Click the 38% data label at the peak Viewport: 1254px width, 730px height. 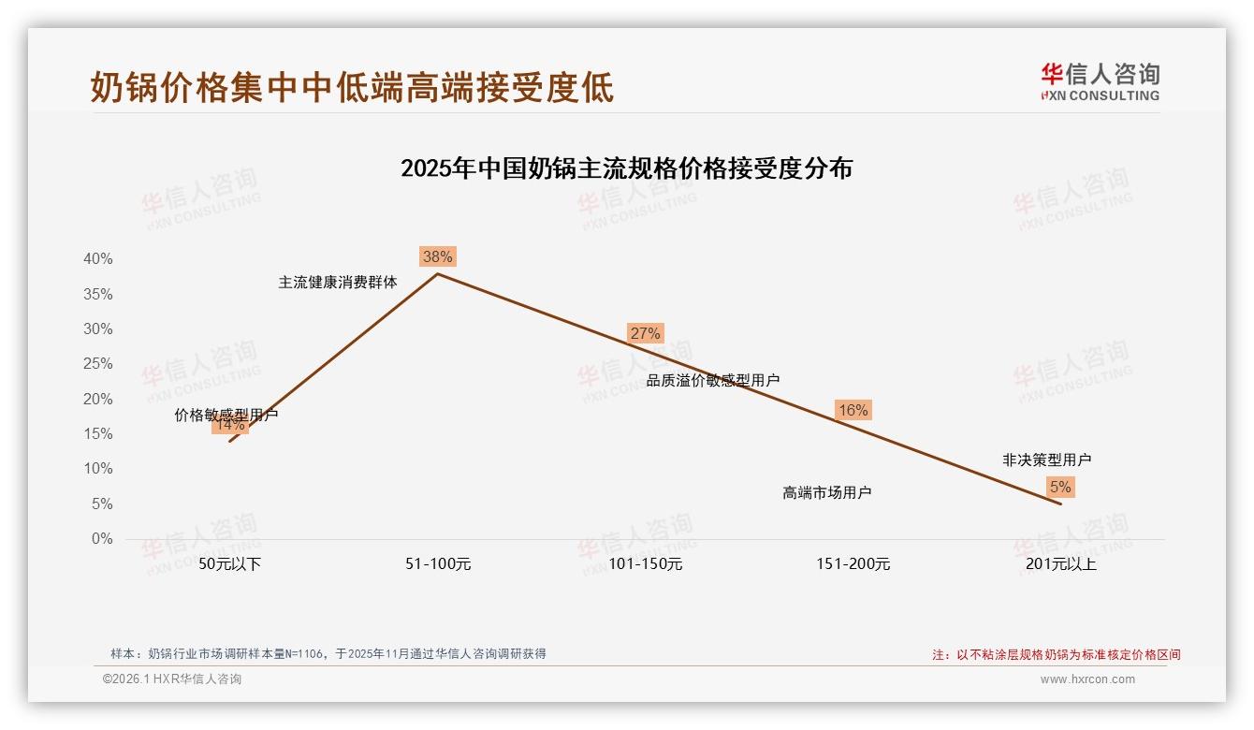pyautogui.click(x=437, y=256)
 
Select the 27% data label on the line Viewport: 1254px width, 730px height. pyautogui.click(x=645, y=333)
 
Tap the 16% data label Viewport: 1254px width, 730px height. pyautogui.click(x=853, y=410)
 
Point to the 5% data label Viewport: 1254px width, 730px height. pyautogui.click(x=1060, y=487)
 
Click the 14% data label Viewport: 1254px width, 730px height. pyautogui.click(x=229, y=425)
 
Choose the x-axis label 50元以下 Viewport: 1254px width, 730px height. pyautogui.click(x=229, y=563)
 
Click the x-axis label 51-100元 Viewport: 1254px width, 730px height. pyautogui.click(x=437, y=563)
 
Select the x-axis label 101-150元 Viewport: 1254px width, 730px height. pyautogui.click(x=645, y=563)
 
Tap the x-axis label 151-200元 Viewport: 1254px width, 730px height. pyautogui.click(x=853, y=563)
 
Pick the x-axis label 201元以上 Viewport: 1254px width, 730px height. pyautogui.click(x=1060, y=563)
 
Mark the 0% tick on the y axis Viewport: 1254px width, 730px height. pyautogui.click(x=102, y=539)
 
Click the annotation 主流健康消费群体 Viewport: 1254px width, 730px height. pyautogui.click(x=338, y=282)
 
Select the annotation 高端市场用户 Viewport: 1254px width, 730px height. pyautogui.click(x=826, y=492)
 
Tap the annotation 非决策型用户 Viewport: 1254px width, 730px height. pyautogui.click(x=1046, y=460)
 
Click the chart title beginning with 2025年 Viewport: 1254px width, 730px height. pyautogui.click(x=626, y=168)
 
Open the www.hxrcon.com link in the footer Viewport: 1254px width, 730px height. pyautogui.click(x=1086, y=679)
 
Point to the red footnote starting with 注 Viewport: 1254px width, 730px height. pyautogui.click(x=1056, y=654)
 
